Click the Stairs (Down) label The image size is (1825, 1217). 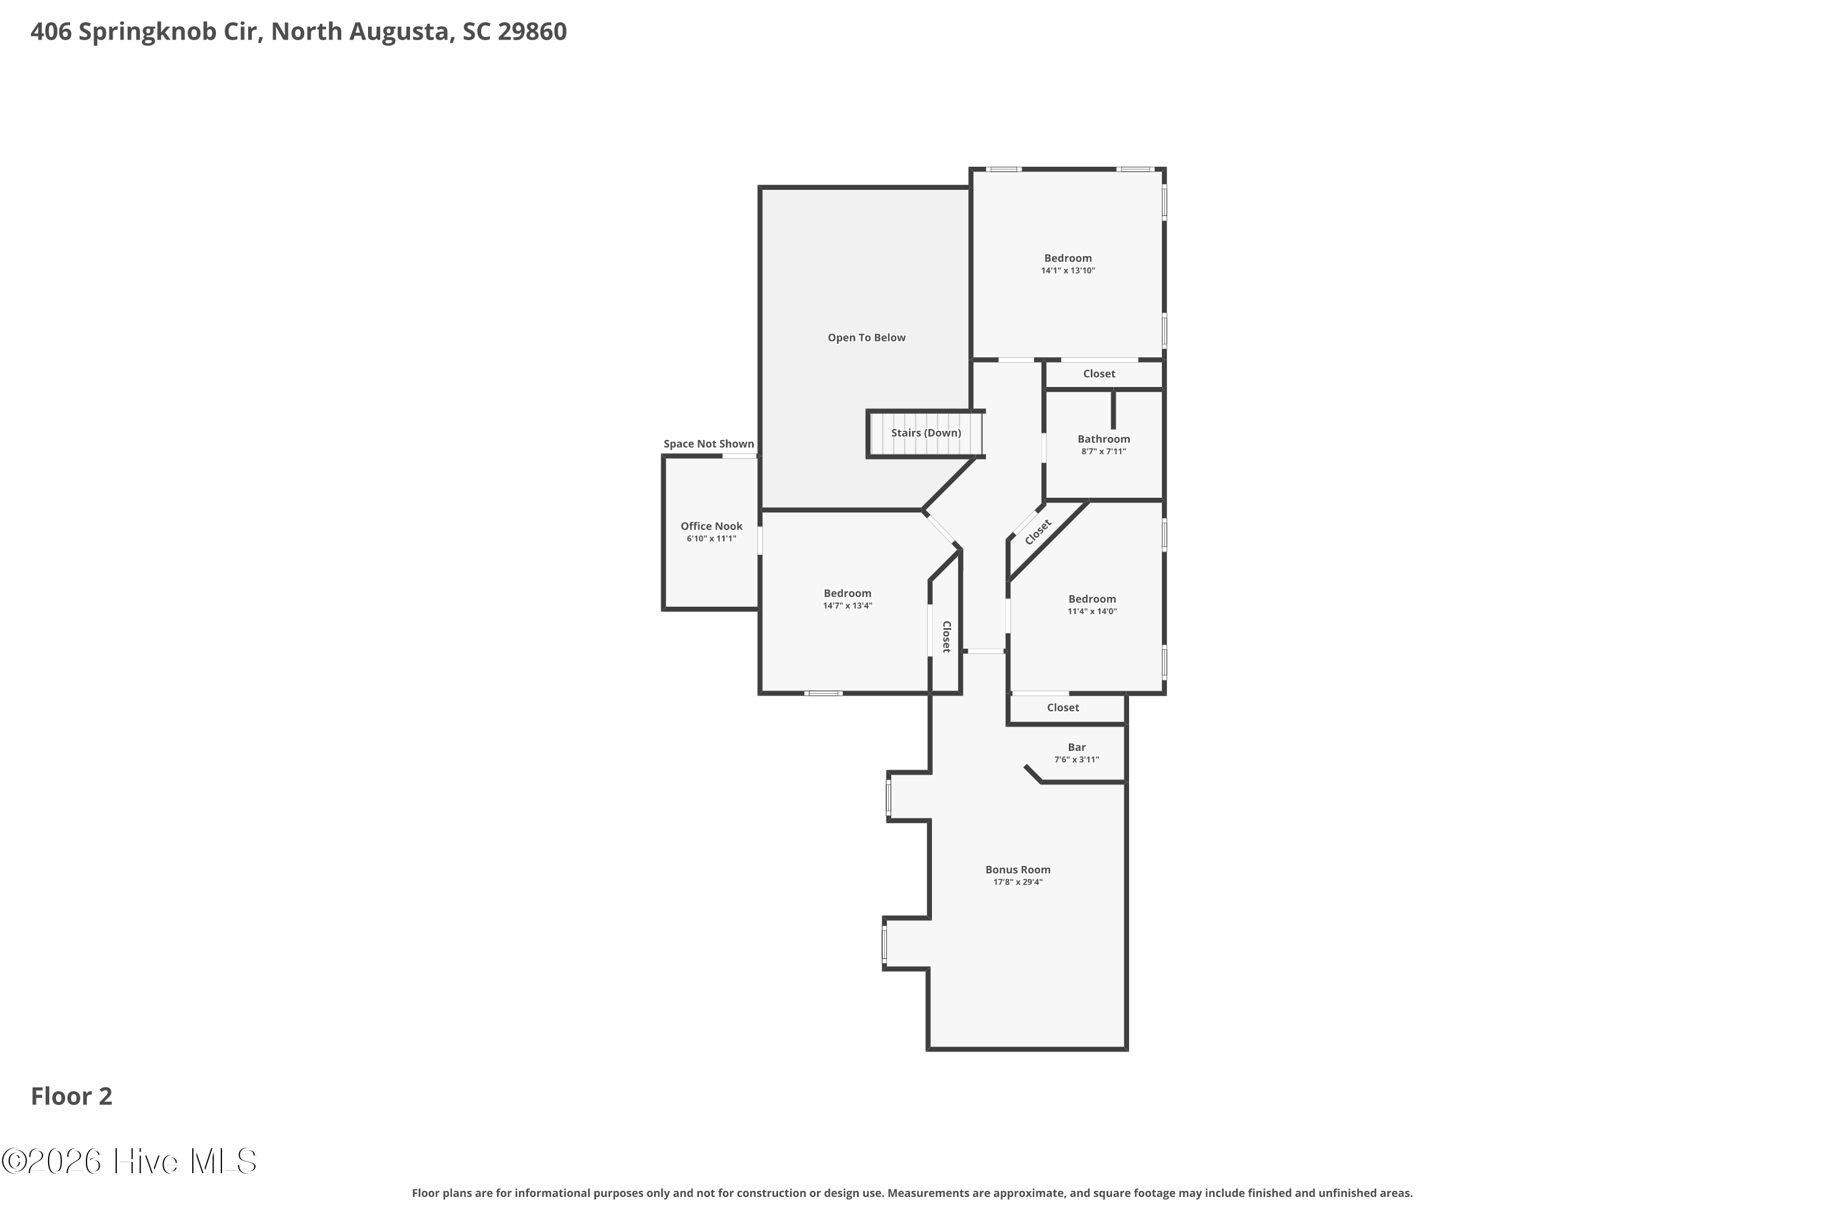926,433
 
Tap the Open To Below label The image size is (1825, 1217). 867,338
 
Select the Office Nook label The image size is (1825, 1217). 712,526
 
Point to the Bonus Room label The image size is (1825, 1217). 1018,870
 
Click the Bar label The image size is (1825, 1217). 1077,747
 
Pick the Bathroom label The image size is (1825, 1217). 1104,439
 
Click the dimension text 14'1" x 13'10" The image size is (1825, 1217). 1068,271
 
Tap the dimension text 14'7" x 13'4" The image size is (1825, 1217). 848,606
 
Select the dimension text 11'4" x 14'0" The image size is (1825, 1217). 1093,612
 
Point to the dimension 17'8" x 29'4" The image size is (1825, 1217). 1018,882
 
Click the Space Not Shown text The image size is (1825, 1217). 709,444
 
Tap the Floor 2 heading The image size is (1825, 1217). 71,1096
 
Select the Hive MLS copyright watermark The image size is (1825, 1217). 129,1161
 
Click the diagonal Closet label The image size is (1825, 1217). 1038,532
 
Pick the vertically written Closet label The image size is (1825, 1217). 947,636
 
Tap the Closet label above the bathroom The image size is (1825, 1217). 1099,374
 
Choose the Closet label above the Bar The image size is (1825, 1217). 1063,708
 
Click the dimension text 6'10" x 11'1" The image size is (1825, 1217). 712,539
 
